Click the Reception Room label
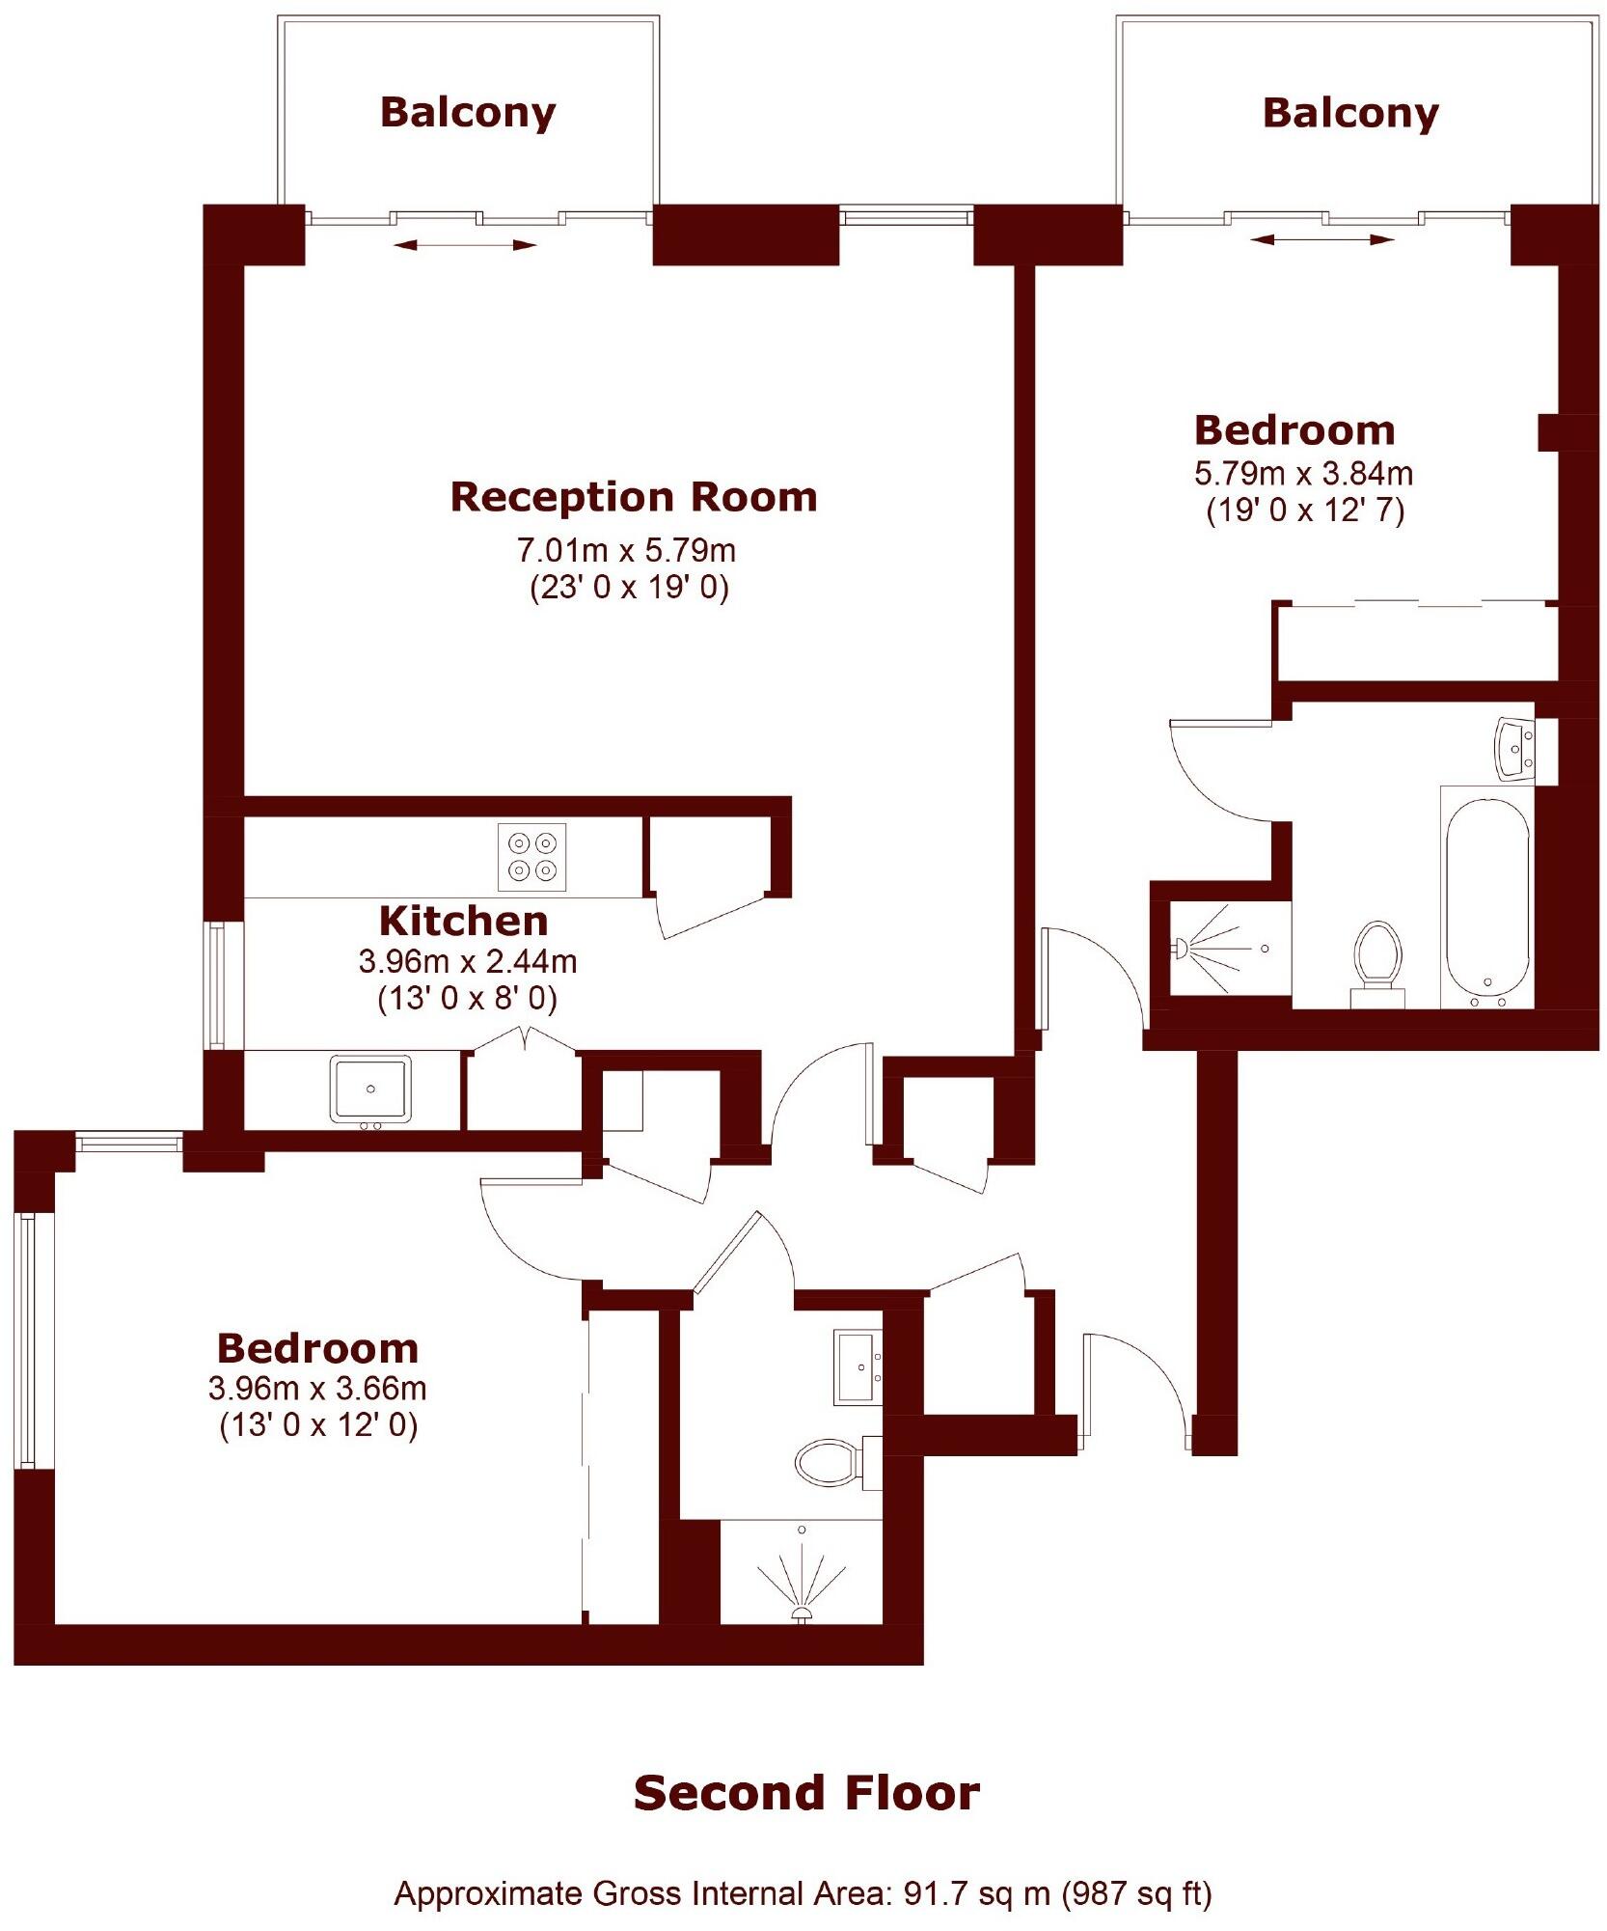(634, 497)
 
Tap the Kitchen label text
(463, 921)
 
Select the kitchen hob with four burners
(532, 856)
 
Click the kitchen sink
(371, 1089)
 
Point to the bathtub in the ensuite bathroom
(1487, 897)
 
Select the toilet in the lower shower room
(828, 1463)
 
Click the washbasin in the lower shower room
(858, 1367)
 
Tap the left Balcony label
(468, 112)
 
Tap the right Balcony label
(1349, 113)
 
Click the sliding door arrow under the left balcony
(465, 246)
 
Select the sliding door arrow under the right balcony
(1321, 239)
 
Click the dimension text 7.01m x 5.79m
(627, 550)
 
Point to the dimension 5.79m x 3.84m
(1303, 473)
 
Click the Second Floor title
(806, 1793)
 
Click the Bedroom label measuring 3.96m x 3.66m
(316, 1347)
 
